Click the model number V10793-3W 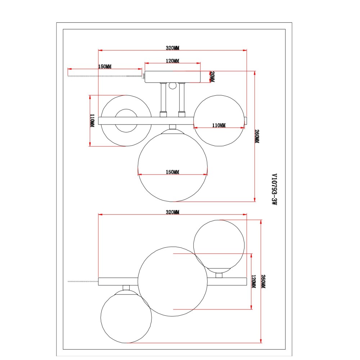pyautogui.click(x=274, y=189)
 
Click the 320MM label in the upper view pyautogui.click(x=173, y=48)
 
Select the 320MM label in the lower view pyautogui.click(x=173, y=212)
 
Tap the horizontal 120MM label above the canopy pyautogui.click(x=173, y=61)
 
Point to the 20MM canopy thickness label pyautogui.click(x=212, y=77)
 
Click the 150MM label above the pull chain pyautogui.click(x=105, y=67)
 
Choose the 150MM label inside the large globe pyautogui.click(x=173, y=172)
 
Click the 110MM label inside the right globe pyautogui.click(x=219, y=125)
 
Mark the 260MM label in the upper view pyautogui.click(x=257, y=136)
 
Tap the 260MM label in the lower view pyautogui.click(x=264, y=282)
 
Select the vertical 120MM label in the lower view pyautogui.click(x=254, y=282)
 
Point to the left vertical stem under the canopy pyautogui.click(x=163, y=100)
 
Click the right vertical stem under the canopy pyautogui.click(x=181, y=100)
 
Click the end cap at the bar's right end pyautogui.click(x=246, y=121)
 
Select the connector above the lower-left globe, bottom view pyautogui.click(x=126, y=288)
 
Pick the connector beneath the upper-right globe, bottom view pyautogui.click(x=219, y=275)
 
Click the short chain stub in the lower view pyautogui.click(x=83, y=282)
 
